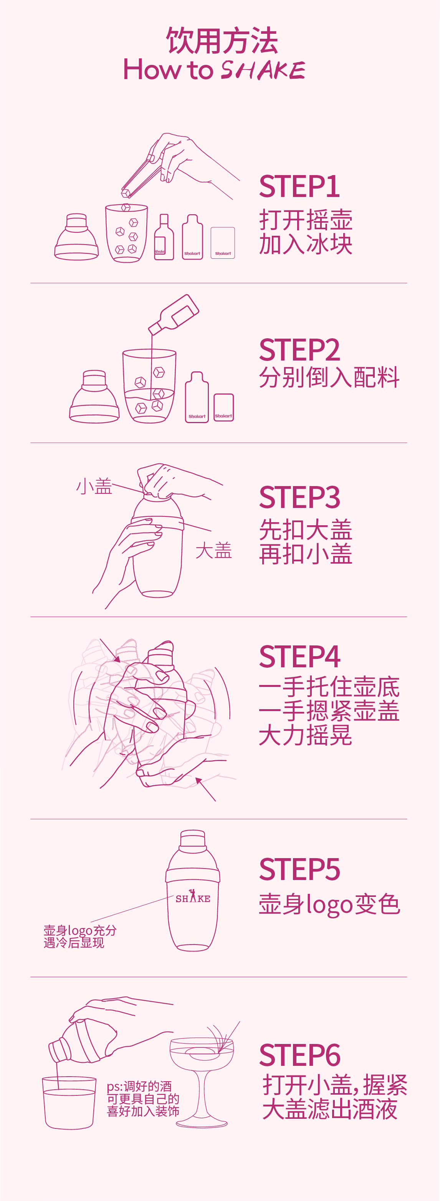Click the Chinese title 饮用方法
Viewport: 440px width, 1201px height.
pyautogui.click(x=222, y=41)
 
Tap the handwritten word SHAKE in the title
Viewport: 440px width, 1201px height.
pyautogui.click(x=263, y=70)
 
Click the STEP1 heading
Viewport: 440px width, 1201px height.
pyautogui.click(x=299, y=187)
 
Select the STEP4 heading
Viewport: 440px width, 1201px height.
pyautogui.click(x=299, y=657)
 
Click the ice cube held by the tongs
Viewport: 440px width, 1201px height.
pyautogui.click(x=126, y=193)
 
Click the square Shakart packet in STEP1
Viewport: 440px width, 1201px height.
pyautogui.click(x=223, y=243)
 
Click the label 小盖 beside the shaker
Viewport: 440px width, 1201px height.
pyautogui.click(x=94, y=486)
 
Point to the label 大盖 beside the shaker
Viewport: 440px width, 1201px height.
pyautogui.click(x=213, y=551)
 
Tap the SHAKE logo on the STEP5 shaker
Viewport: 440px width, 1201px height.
pyautogui.click(x=192, y=898)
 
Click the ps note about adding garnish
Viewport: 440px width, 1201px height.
pyautogui.click(x=143, y=1099)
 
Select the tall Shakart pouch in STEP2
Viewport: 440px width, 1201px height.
pyautogui.click(x=197, y=397)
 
